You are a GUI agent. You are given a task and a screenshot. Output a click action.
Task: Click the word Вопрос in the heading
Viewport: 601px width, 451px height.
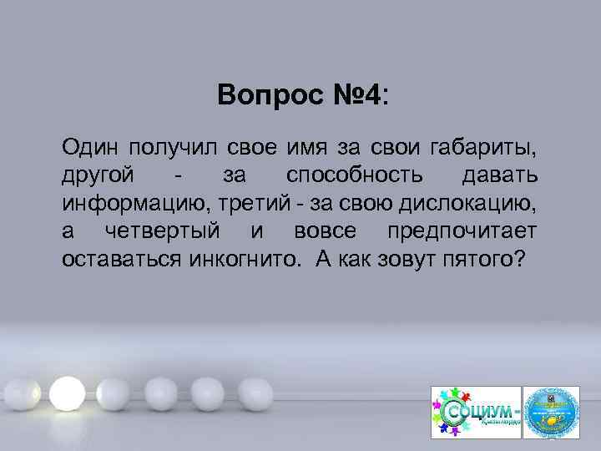tap(260, 96)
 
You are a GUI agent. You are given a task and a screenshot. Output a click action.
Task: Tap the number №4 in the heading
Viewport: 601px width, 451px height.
tap(352, 96)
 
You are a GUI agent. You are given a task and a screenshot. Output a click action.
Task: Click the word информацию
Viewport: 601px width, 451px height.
tap(127, 203)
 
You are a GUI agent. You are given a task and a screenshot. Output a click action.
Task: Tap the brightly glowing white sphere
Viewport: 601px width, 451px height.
tap(66, 390)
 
